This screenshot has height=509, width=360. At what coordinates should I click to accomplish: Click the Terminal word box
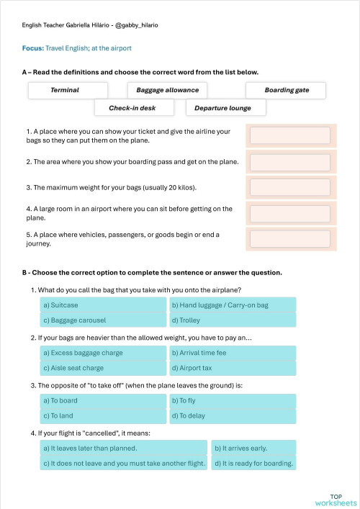click(68, 90)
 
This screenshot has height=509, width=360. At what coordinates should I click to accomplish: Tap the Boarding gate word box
click(286, 90)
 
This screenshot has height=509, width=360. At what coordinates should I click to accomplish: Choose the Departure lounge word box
click(225, 108)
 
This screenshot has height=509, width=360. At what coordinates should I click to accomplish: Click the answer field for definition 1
click(289, 135)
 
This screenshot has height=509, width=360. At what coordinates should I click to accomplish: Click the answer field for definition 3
click(289, 188)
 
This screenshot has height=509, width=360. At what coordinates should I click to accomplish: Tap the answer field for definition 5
click(289, 239)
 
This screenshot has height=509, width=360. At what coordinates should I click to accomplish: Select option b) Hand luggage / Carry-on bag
click(232, 305)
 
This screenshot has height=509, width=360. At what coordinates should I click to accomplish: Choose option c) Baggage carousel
click(104, 320)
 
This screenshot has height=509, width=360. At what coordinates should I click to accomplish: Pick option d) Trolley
click(232, 320)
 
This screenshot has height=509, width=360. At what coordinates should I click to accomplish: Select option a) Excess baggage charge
click(104, 353)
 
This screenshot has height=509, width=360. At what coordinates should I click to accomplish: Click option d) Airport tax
click(232, 368)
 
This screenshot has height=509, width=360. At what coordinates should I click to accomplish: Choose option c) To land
click(104, 415)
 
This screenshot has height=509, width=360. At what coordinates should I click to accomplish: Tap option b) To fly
click(232, 400)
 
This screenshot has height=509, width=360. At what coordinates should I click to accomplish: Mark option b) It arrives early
click(253, 448)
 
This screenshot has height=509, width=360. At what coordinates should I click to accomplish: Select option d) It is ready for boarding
click(253, 463)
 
